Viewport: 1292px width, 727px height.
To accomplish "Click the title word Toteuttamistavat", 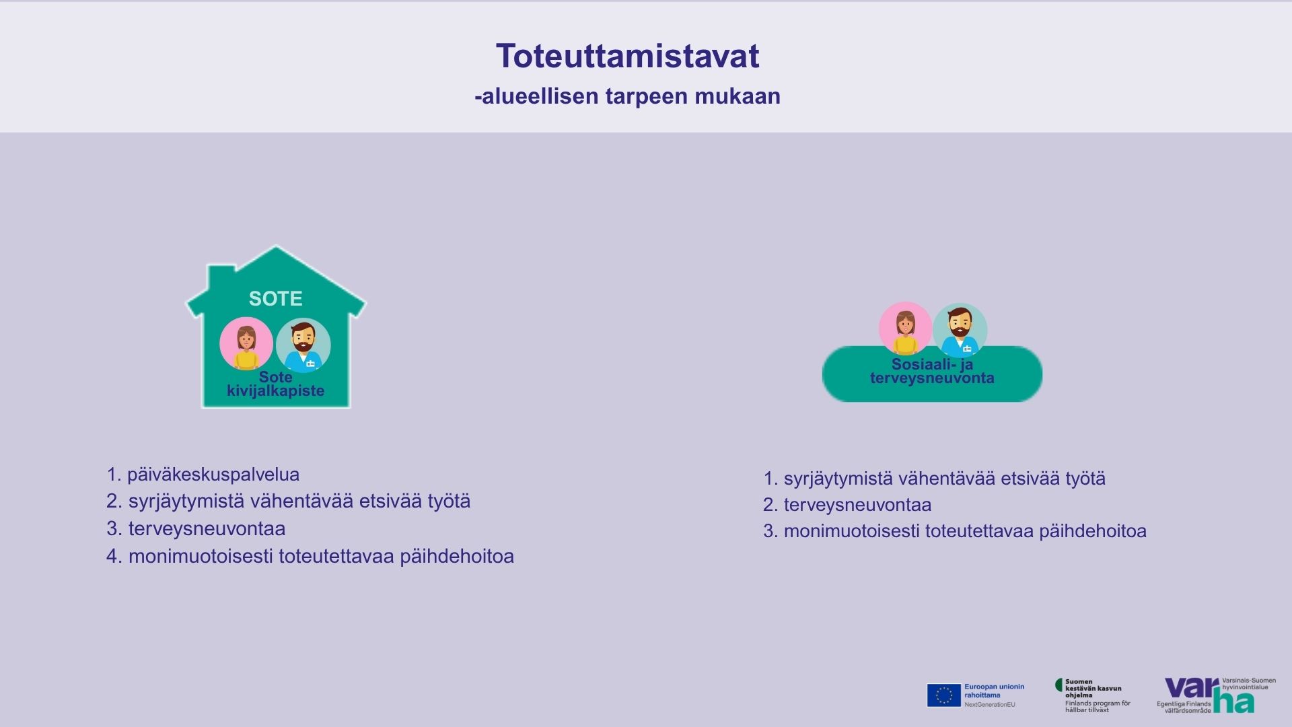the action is (627, 56).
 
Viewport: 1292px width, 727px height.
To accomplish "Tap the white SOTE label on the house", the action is (275, 298).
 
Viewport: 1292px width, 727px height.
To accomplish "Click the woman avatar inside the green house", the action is (246, 343).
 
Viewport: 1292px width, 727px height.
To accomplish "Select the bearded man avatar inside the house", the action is (303, 345).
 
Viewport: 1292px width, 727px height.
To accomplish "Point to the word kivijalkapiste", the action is (275, 390).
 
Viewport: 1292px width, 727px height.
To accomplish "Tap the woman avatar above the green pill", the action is (905, 328).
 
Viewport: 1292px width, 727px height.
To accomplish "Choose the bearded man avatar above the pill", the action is (960, 330).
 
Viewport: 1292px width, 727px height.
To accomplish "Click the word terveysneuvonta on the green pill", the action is (932, 378).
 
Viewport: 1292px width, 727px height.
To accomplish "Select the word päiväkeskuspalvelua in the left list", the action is (213, 475).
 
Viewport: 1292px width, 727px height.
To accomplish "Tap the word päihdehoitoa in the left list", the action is (457, 557).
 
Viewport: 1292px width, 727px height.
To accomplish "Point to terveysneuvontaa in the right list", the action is (858, 505).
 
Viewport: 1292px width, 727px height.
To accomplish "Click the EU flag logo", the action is (943, 695).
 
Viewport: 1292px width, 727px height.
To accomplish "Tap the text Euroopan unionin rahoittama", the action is (995, 691).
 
